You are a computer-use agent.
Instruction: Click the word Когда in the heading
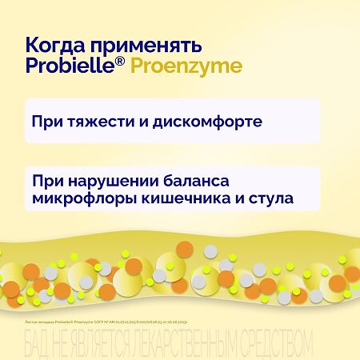click(54, 43)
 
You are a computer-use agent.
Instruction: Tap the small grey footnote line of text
click(111, 318)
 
